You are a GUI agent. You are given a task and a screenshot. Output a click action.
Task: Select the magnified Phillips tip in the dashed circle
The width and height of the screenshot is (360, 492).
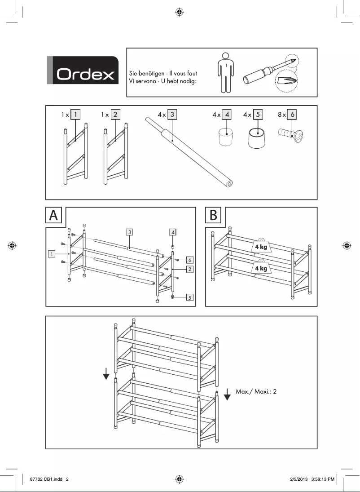(x=285, y=82)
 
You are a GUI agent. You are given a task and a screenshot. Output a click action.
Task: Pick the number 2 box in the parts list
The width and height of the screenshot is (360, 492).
(x=115, y=115)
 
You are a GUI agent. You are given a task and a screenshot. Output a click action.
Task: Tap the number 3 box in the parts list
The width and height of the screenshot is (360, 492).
(x=172, y=115)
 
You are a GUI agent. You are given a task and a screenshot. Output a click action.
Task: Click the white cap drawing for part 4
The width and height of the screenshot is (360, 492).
(x=227, y=136)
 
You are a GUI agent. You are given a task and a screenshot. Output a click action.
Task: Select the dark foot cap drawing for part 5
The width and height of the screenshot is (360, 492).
(x=258, y=136)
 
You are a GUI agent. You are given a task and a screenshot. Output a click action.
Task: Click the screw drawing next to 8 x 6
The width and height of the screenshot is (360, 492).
(x=289, y=134)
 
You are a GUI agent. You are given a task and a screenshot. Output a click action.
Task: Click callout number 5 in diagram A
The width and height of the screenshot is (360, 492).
(x=190, y=297)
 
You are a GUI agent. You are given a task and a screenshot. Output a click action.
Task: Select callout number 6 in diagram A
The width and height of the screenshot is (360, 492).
(x=190, y=260)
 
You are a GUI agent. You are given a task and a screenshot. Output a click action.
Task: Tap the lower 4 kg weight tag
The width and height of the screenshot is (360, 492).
(x=261, y=268)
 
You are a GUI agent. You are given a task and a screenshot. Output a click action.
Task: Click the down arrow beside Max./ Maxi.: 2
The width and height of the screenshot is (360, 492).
(x=227, y=394)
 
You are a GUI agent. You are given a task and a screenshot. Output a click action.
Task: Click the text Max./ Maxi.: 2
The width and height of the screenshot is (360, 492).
(x=256, y=391)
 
